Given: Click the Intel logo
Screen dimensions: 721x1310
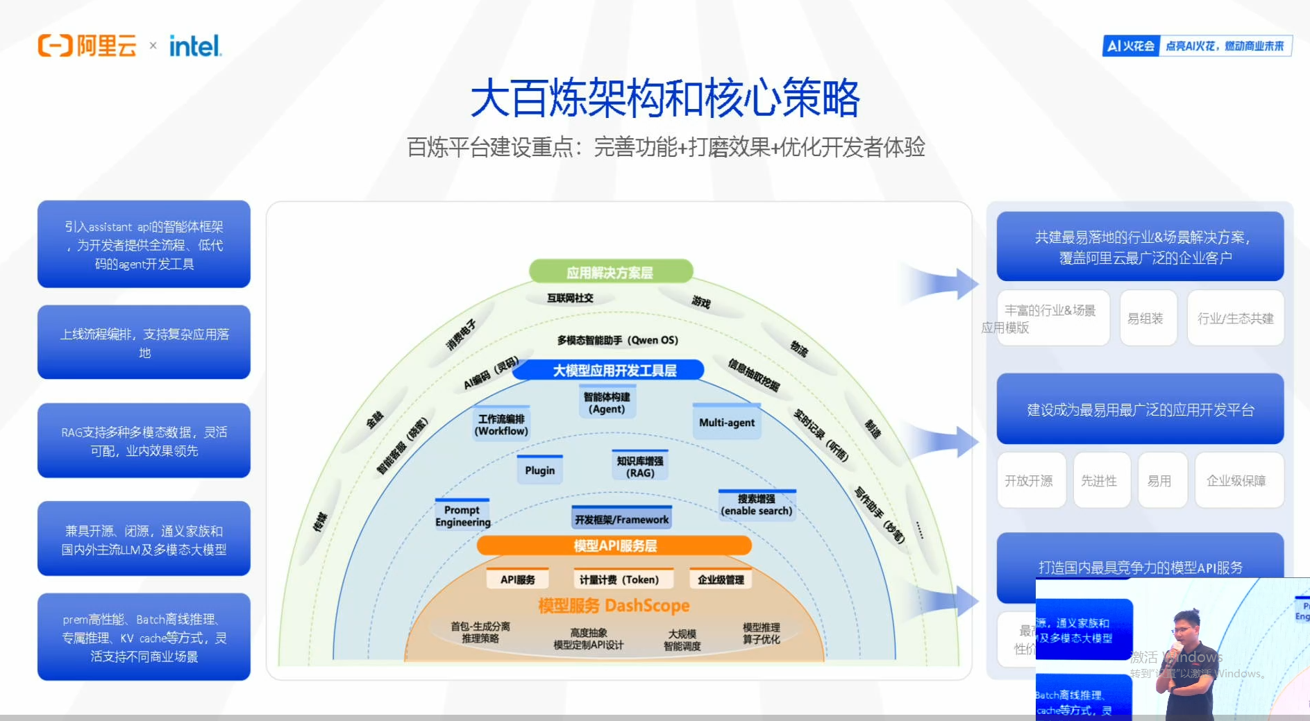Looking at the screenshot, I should [195, 46].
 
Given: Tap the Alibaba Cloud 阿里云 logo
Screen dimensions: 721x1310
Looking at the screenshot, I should [87, 46].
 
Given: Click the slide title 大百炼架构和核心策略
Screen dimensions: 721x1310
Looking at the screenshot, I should [665, 98].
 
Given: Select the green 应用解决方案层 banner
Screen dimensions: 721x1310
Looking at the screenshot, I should [610, 272].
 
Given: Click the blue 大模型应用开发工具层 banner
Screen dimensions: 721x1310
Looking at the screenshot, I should [614, 370].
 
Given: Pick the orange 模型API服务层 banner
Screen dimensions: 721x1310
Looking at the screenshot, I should [614, 545].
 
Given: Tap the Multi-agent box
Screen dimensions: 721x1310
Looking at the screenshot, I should [726, 423].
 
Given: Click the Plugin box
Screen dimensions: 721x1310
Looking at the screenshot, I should [539, 470].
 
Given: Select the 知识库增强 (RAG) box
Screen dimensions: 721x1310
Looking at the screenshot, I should [640, 466].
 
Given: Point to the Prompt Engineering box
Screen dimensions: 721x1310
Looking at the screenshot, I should [462, 516].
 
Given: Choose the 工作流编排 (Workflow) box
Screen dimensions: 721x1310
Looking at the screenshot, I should [501, 425].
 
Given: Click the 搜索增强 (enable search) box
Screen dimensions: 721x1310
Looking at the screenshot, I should [756, 504].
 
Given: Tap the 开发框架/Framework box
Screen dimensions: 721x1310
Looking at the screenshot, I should [621, 519].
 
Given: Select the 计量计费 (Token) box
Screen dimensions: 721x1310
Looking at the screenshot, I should [619, 579].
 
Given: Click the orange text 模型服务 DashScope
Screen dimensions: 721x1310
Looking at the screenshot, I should [614, 606].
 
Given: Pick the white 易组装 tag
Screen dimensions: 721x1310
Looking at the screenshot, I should [1145, 318].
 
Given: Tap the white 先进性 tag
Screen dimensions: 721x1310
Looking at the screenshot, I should [1099, 480].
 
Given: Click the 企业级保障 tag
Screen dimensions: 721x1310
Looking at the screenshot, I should [1236, 480].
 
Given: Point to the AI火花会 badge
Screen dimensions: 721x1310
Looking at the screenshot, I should [1130, 46].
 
